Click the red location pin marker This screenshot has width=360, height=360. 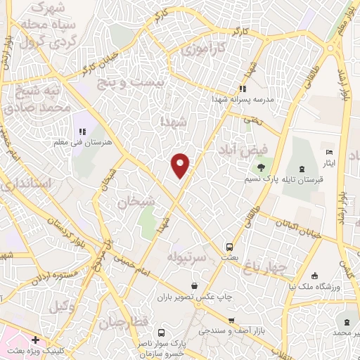pos(181,164)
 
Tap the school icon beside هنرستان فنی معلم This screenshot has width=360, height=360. pos(82,131)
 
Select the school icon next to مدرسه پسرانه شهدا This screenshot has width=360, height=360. pos(243,89)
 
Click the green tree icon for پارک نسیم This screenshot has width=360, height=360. pos(261,167)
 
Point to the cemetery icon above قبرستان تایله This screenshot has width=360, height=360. pos(302,169)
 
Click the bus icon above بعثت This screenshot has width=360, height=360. pos(229,247)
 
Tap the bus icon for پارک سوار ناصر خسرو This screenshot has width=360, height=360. pos(162,333)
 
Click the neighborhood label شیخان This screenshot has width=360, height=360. pos(136,202)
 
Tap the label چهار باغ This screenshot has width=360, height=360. pos(264,266)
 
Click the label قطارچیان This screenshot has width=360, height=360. pos(124,322)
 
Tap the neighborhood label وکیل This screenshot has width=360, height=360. pos(63,307)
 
